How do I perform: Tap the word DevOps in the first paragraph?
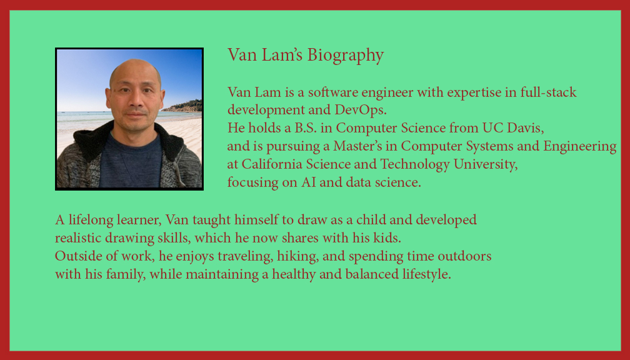(363, 110)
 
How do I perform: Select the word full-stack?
(549, 92)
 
